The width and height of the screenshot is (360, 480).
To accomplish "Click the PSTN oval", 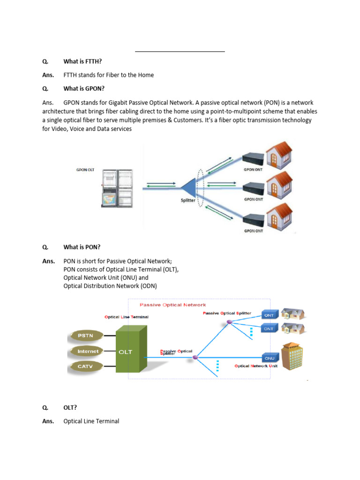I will click(85, 335).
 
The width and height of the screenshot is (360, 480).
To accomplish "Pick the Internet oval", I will click(88, 351).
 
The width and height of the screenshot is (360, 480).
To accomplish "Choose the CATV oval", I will click(85, 366).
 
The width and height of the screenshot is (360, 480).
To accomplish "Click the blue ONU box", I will click(269, 358).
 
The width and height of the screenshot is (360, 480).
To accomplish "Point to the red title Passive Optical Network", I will click(172, 305).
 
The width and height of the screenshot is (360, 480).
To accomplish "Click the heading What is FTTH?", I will click(82, 61).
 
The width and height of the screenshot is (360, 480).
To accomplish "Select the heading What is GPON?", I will click(84, 89).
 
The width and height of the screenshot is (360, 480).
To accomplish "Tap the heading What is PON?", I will click(82, 247).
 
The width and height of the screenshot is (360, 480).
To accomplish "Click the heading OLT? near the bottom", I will click(70, 407).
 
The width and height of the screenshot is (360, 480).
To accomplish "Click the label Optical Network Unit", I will click(256, 366).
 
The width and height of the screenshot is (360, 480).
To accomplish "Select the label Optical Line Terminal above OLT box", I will click(126, 317).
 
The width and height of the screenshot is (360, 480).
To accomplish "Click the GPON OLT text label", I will click(85, 170).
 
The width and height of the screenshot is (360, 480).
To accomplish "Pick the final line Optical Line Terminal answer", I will click(91, 421).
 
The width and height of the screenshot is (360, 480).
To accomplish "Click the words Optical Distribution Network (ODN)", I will click(110, 286).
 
